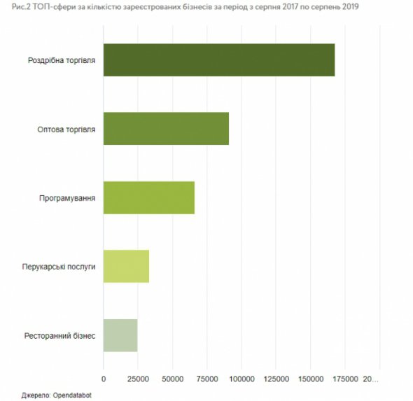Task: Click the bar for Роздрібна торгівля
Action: (x=219, y=60)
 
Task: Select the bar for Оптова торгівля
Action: (x=166, y=129)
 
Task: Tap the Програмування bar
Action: (x=149, y=198)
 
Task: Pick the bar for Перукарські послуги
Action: (x=126, y=266)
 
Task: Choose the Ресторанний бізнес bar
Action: (x=120, y=335)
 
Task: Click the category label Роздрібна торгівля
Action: (x=62, y=61)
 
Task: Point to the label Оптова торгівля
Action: (x=66, y=129)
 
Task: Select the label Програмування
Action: (x=67, y=198)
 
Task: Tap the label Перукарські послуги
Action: (x=59, y=267)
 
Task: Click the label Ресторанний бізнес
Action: (x=59, y=336)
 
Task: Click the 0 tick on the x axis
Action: (x=104, y=379)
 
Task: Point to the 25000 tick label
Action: (x=138, y=379)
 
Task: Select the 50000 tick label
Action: (x=172, y=379)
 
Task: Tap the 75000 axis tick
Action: (x=207, y=379)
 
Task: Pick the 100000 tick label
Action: (x=241, y=379)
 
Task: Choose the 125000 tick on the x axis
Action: (x=276, y=379)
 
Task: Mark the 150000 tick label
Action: (x=311, y=379)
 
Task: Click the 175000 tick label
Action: (x=345, y=379)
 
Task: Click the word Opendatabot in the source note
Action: (x=72, y=395)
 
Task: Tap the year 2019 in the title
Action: (x=351, y=6)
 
